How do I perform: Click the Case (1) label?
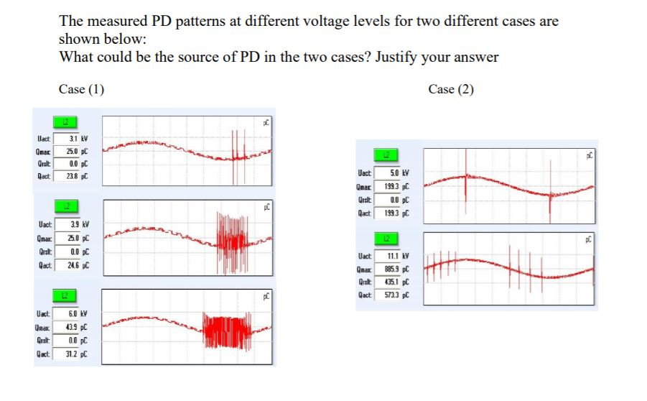tap(81, 89)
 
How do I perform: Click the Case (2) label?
tap(451, 89)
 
